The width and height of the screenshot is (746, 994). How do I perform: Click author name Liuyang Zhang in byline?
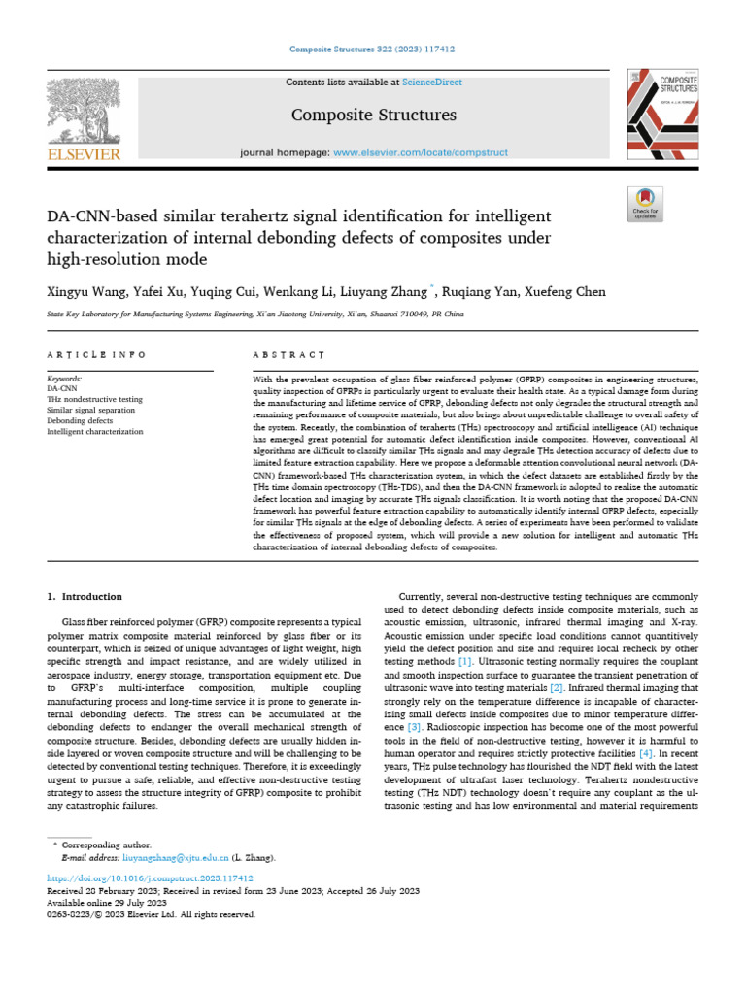388,292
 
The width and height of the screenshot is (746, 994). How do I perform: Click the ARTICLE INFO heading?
97,356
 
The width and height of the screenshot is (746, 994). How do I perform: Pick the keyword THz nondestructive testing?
95,400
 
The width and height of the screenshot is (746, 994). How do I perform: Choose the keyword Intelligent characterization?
95,431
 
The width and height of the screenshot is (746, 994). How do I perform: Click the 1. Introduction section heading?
85,596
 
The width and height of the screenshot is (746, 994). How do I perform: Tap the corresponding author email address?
174,858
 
